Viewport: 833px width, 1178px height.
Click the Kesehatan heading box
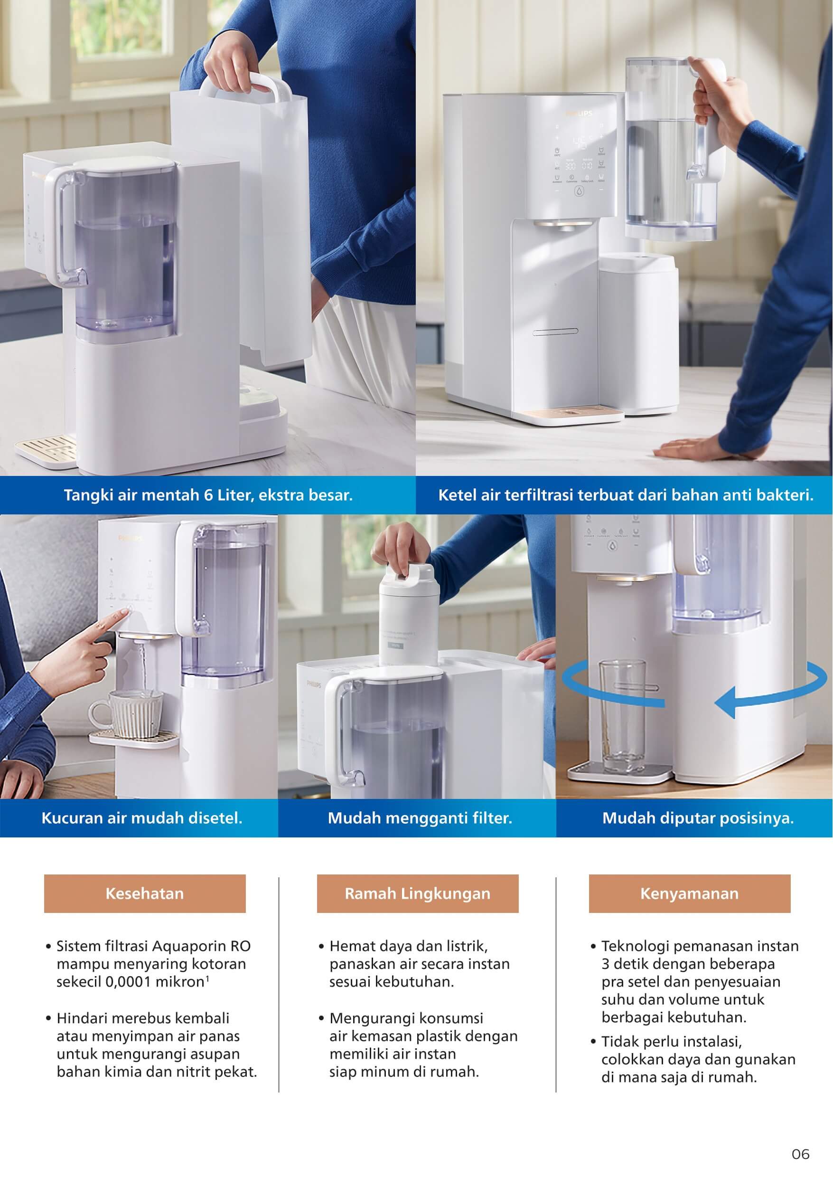click(145, 893)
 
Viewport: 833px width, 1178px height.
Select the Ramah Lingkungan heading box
click(418, 893)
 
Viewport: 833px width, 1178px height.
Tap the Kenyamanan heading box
click(689, 893)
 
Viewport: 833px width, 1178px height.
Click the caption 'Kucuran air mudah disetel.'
click(141, 817)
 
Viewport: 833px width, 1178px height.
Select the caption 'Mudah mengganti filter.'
click(420, 817)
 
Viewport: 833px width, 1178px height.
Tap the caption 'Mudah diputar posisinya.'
click(698, 817)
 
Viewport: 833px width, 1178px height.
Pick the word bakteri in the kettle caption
click(789, 495)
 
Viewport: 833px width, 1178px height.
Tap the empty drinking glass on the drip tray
click(622, 716)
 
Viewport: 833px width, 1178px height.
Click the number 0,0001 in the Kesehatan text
click(128, 982)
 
